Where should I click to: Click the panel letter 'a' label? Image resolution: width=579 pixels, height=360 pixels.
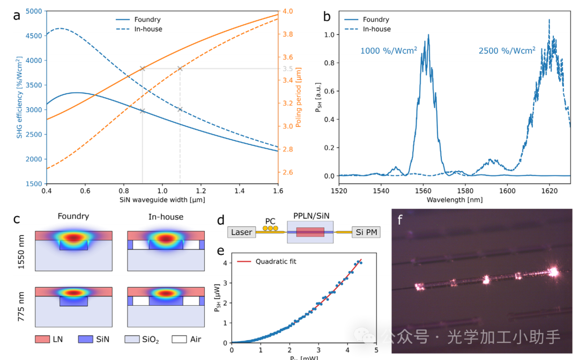tap(17, 14)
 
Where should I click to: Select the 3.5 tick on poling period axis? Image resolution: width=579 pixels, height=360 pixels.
tap(288, 69)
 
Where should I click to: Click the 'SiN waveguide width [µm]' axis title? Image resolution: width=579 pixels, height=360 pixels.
tap(162, 200)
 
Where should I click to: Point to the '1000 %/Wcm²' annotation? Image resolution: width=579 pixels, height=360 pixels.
tap(389, 51)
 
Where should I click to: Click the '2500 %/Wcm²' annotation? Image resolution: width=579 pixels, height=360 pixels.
tap(507, 51)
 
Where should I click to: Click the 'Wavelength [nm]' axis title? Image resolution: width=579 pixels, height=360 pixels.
tap(454, 200)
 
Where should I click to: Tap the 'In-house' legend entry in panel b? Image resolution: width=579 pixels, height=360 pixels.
tap(377, 29)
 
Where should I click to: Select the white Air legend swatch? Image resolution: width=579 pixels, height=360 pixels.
tap(180, 339)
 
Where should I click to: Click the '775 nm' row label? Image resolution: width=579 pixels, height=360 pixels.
tap(22, 306)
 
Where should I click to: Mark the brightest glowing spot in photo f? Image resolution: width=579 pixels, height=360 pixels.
tap(552, 272)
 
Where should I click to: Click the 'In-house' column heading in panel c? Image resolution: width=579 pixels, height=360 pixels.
tap(166, 217)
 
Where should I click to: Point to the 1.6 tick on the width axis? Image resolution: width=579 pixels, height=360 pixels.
tap(278, 190)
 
